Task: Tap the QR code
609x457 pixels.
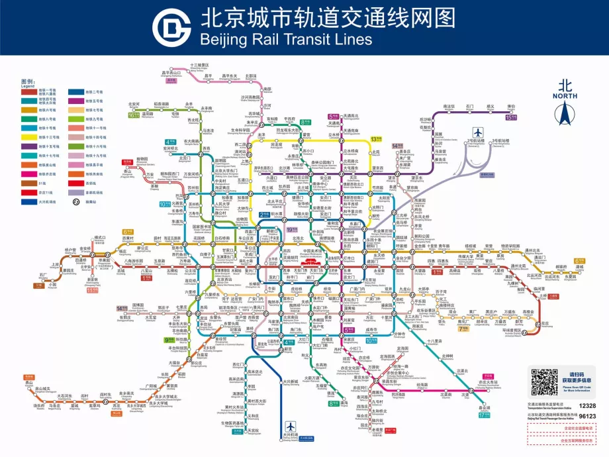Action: tap(545, 383)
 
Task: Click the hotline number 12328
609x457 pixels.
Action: tap(587, 405)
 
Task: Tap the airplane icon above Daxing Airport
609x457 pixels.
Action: tap(289, 425)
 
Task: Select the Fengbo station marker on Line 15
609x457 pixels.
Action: tap(511, 110)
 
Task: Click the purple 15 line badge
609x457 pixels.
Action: tap(510, 117)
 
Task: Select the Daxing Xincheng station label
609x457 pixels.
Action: tap(290, 382)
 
